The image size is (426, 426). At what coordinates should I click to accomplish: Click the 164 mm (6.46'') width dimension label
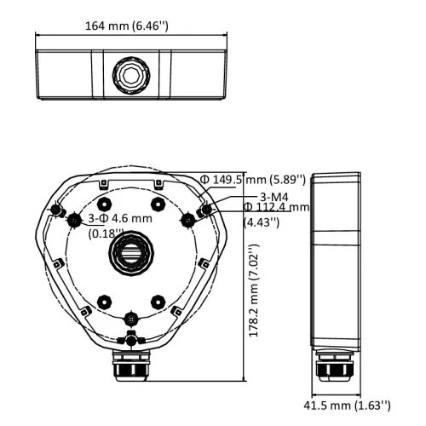pyautogui.click(x=127, y=26)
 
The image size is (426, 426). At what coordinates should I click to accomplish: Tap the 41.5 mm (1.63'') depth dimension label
pyautogui.click(x=347, y=406)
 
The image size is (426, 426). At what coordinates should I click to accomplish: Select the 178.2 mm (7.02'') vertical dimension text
pyautogui.click(x=254, y=291)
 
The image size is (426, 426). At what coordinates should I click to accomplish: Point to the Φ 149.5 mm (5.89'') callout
pyautogui.click(x=253, y=180)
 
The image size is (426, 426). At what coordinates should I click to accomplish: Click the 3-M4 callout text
pyautogui.click(x=274, y=197)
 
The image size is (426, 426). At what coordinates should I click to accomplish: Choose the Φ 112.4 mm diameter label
pyautogui.click(x=277, y=207)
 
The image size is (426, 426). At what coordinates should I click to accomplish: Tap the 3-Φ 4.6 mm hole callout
pyautogui.click(x=120, y=218)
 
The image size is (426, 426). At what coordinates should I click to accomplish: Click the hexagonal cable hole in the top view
pyautogui.click(x=131, y=75)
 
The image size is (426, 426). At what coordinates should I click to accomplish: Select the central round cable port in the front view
pyautogui.click(x=131, y=253)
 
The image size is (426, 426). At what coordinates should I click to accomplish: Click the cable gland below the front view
pyautogui.click(x=131, y=366)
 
